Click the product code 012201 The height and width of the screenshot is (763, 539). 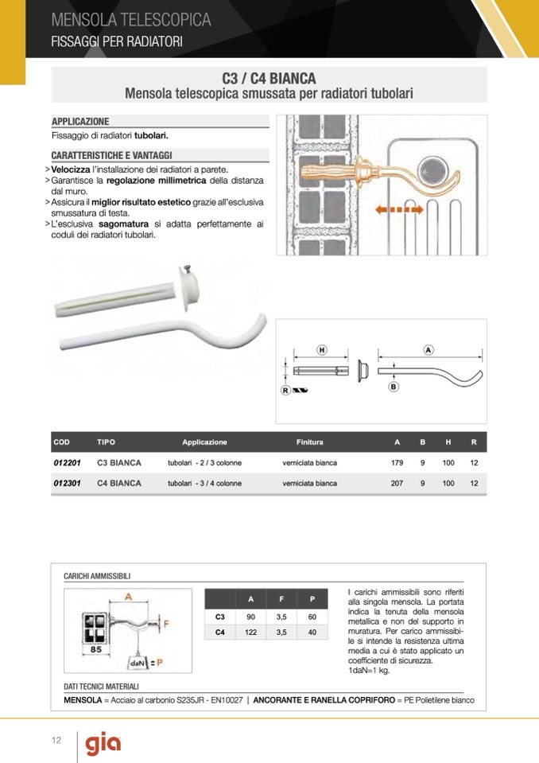pyautogui.click(x=67, y=462)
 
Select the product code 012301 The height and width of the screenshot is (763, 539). pyautogui.click(x=67, y=483)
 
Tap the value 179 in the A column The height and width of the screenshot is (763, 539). pyautogui.click(x=397, y=462)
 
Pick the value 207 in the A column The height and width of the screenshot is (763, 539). pyautogui.click(x=397, y=483)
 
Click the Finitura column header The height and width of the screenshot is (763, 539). pyautogui.click(x=310, y=442)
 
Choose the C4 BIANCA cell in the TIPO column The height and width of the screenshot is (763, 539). pyautogui.click(x=119, y=483)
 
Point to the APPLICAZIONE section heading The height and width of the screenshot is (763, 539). pyautogui.click(x=80, y=122)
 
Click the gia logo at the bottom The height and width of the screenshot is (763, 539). pyautogui.click(x=103, y=744)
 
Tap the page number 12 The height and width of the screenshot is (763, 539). pyautogui.click(x=56, y=741)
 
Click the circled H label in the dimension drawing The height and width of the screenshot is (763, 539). pyautogui.click(x=322, y=350)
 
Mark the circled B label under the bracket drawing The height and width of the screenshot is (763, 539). pyautogui.click(x=393, y=387)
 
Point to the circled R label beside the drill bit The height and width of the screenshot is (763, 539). pyautogui.click(x=285, y=390)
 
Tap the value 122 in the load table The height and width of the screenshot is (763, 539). pyautogui.click(x=250, y=633)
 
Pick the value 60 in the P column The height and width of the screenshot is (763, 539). pyautogui.click(x=312, y=617)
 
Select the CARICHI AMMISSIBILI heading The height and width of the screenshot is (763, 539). pyautogui.click(x=97, y=575)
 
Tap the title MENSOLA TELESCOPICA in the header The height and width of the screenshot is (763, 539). pyautogui.click(x=131, y=19)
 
